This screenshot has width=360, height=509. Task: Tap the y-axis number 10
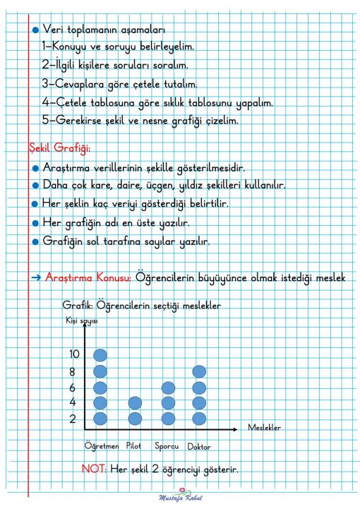(x=76, y=354)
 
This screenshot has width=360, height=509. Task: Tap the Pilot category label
(x=135, y=446)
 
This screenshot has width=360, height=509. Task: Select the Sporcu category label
(x=167, y=446)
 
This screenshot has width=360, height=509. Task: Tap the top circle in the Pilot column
(x=135, y=403)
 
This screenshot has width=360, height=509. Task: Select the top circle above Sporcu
(x=168, y=388)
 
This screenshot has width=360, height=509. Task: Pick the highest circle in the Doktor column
(x=199, y=371)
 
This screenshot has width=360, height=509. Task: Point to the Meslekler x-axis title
(x=265, y=428)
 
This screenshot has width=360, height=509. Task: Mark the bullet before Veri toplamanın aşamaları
(x=35, y=30)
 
